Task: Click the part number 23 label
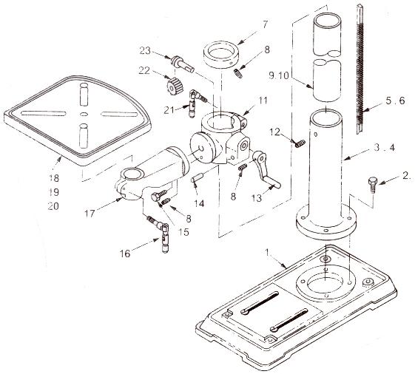tap(145, 50)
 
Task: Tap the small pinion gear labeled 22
tap(175, 85)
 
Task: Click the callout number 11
tap(263, 101)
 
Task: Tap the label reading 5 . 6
tap(395, 101)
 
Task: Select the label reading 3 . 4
tap(385, 148)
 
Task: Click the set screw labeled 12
tap(300, 144)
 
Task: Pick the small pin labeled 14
tap(197, 177)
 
